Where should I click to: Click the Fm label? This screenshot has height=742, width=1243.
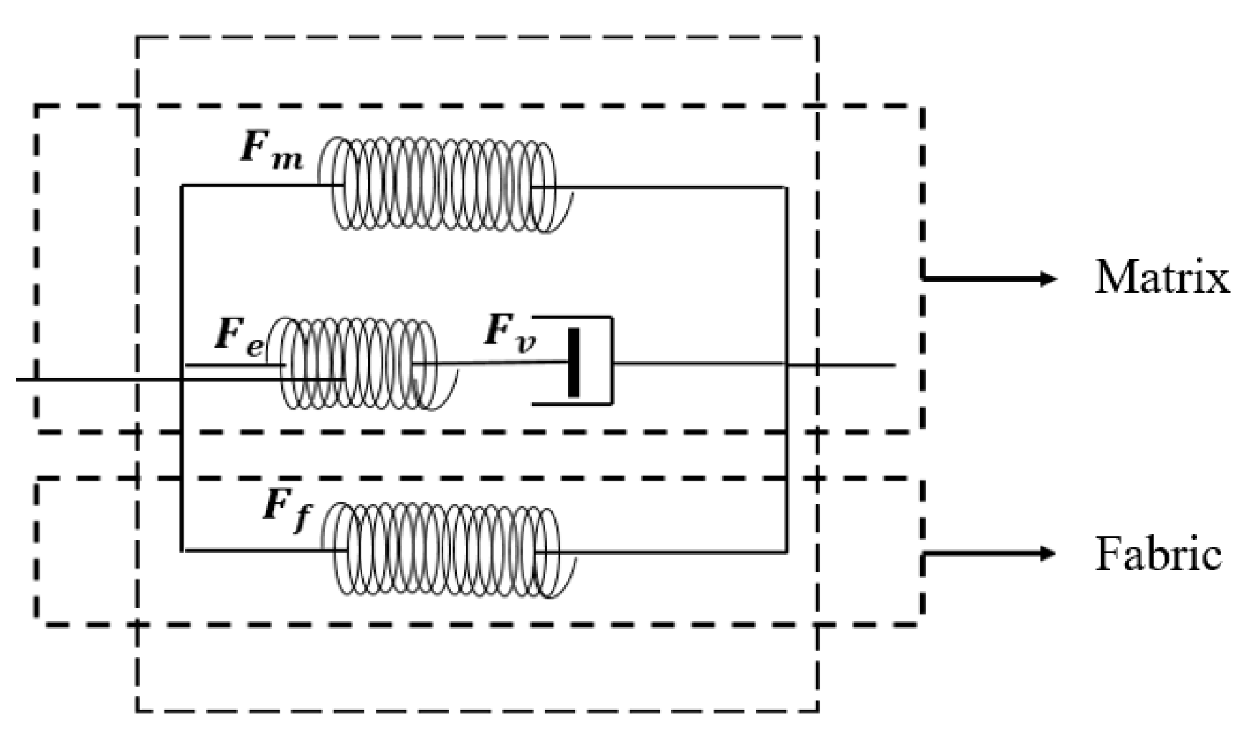(271, 150)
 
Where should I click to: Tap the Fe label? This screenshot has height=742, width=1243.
(239, 338)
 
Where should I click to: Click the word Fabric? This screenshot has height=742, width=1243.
(1158, 553)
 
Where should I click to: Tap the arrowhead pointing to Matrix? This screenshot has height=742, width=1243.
(1049, 278)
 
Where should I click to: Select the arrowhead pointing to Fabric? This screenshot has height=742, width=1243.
(1047, 553)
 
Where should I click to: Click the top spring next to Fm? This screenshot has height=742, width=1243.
(444, 184)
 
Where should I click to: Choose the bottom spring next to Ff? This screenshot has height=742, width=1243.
(447, 549)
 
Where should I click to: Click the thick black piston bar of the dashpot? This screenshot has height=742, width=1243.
(574, 363)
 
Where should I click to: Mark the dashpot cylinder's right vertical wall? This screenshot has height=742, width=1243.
(612, 360)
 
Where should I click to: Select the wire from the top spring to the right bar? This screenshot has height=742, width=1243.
(672, 188)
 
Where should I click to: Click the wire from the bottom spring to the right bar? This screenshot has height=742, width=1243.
(672, 552)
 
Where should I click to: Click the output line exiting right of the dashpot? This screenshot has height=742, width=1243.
(852, 364)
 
